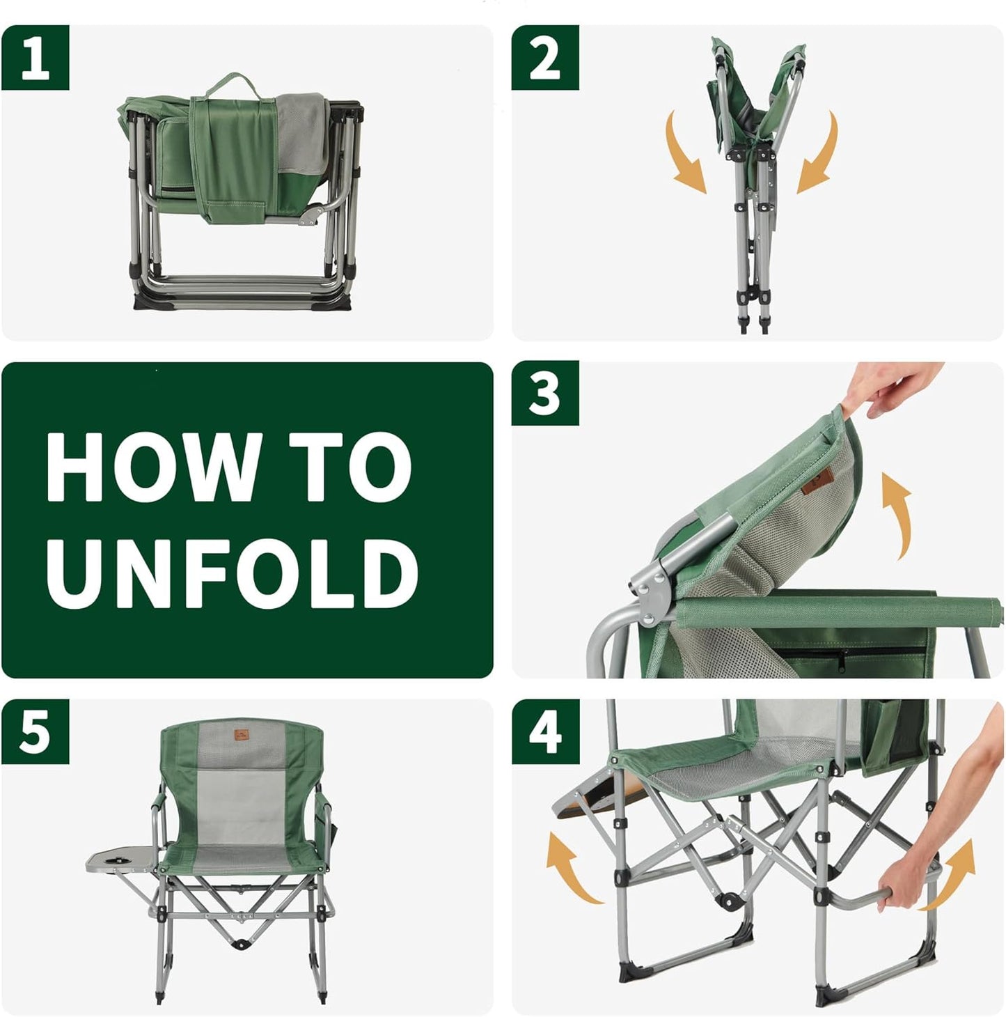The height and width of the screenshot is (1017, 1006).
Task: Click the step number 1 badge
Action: tap(35, 58)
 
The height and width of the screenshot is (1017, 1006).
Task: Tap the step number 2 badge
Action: tap(545, 58)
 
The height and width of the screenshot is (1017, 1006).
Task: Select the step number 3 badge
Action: tap(545, 394)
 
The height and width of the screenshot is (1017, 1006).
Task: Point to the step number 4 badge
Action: tap(545, 731)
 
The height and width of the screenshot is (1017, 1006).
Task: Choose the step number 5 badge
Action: tap(35, 731)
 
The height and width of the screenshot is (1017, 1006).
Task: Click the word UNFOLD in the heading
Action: tap(232, 573)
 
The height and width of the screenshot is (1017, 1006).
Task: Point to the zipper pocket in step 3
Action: tap(849, 655)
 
